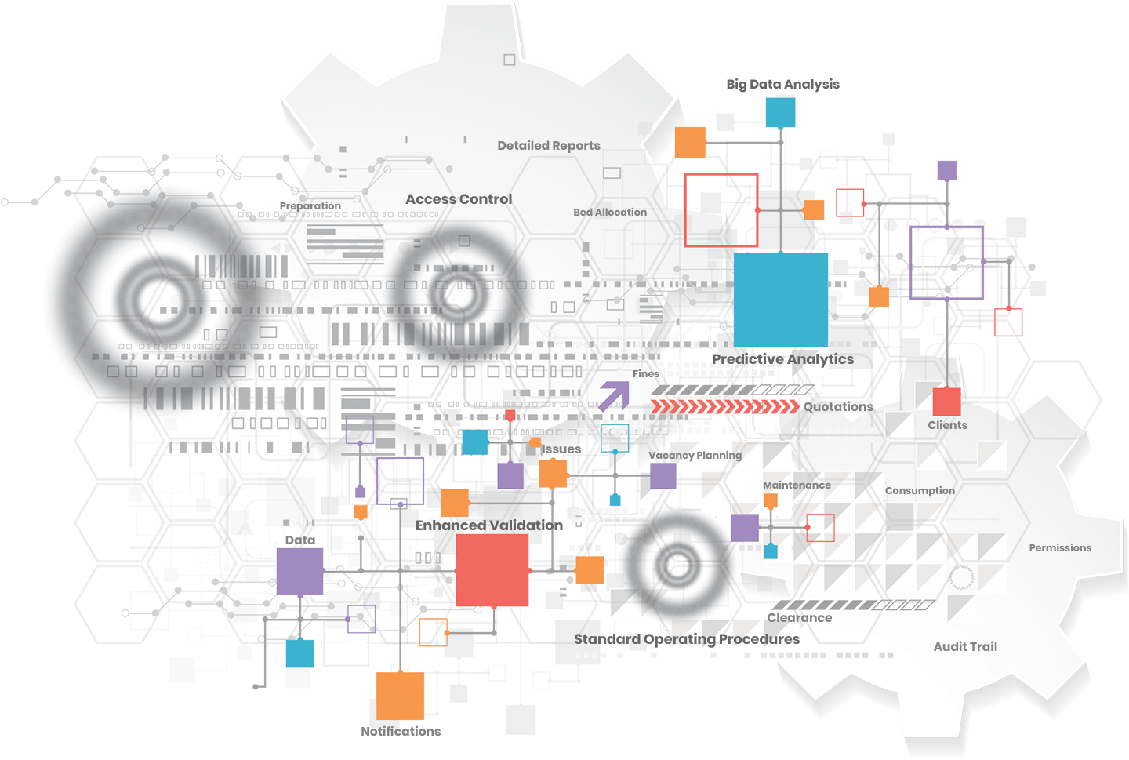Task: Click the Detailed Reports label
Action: point(548,146)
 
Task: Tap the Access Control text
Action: point(459,200)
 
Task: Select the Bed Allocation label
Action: point(610,213)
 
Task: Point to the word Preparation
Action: point(310,206)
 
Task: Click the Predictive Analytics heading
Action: point(782,359)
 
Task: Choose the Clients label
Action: point(947,425)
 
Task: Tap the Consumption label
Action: point(920,491)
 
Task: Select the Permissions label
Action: point(1060,548)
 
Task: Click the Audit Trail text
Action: point(965,647)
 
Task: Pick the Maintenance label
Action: point(797,485)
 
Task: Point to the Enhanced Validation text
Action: point(489,525)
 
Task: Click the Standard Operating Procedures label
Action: point(687,639)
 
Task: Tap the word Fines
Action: point(646,374)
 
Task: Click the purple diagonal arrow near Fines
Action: point(614,396)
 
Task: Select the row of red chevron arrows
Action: point(725,406)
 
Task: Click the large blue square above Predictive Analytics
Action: point(781,299)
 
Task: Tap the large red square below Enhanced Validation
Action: point(492,570)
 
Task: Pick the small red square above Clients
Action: point(946,402)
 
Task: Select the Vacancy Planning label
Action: point(695,456)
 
